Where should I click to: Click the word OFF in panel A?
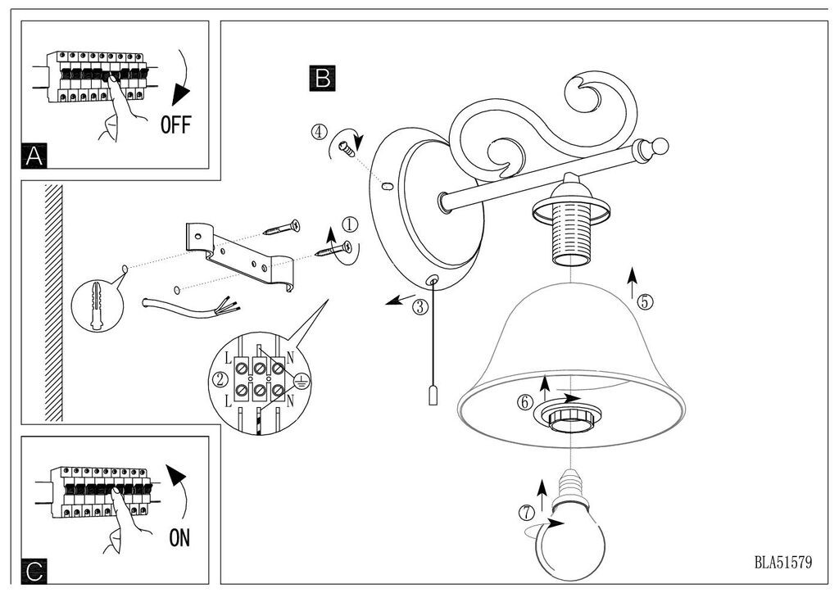point(175,124)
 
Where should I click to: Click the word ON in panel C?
point(179,538)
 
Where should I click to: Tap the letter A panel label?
point(34,156)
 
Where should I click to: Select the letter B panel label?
point(322,78)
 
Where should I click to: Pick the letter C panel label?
point(34,570)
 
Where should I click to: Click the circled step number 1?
point(350,223)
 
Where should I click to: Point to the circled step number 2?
point(219,378)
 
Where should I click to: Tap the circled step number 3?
point(419,307)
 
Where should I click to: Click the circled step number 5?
point(646,301)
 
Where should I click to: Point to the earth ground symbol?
point(301,379)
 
